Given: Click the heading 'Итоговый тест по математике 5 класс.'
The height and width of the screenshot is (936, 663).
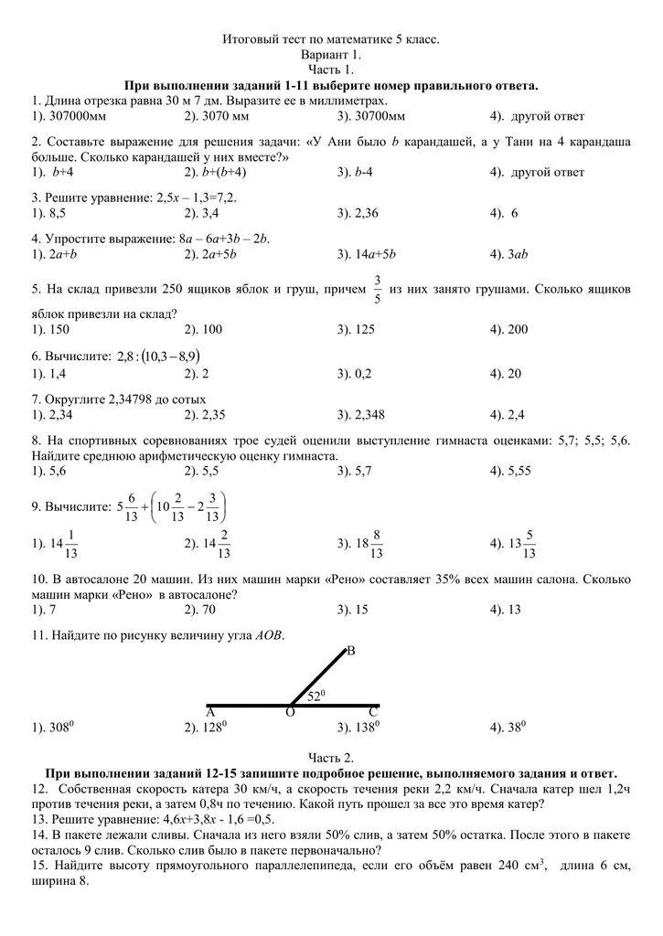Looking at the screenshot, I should tap(331, 40).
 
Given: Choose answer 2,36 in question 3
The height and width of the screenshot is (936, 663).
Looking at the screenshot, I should tap(368, 213).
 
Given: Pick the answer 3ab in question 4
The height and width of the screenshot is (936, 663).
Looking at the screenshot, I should tap(516, 254).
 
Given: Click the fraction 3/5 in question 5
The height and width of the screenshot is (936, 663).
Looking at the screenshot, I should tap(376, 288).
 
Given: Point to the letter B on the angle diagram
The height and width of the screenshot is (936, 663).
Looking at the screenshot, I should tap(350, 652).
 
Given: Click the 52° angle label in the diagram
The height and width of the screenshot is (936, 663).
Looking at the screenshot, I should tap(317, 697).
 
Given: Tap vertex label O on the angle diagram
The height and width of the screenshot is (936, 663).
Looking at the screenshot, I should tap(290, 713).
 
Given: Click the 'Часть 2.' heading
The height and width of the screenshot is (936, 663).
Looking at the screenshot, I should tap(331, 758).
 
